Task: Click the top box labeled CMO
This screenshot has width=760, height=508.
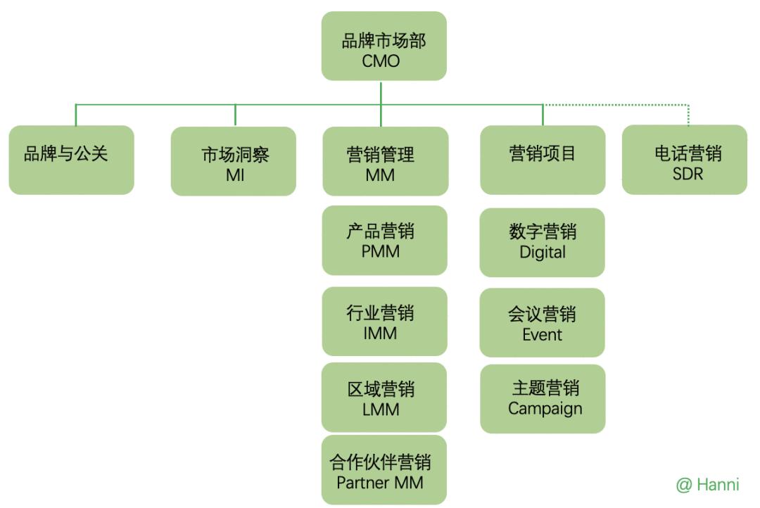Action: coord(384,46)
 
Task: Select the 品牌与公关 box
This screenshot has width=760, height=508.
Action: coord(71,160)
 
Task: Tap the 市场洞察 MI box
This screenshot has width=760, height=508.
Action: coord(234,161)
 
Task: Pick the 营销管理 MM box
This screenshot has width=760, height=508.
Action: coord(385,161)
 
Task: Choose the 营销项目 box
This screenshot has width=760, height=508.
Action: coord(543,160)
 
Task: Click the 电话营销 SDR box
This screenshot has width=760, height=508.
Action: coord(685,160)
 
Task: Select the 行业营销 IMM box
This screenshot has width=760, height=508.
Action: coord(384,321)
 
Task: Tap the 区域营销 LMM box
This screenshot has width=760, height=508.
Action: coord(384,397)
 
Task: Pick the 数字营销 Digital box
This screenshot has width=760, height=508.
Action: coord(542,242)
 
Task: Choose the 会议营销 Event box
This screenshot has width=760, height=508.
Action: coord(542,322)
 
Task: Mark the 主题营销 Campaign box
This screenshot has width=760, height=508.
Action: coord(543,398)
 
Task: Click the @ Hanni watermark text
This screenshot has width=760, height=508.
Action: coord(707,485)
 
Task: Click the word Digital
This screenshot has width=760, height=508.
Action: coord(543,252)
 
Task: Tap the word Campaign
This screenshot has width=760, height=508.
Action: coord(545,409)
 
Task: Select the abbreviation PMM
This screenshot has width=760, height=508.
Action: coord(380,250)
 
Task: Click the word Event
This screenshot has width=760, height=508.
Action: coord(542,334)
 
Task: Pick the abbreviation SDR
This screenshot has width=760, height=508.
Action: coord(688,173)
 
